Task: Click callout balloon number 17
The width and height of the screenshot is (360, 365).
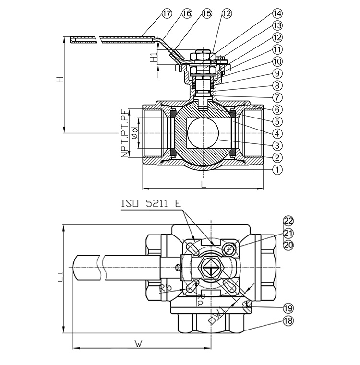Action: tap(167, 13)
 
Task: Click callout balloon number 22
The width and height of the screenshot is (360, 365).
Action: tap(288, 221)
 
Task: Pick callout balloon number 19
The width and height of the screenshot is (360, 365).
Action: tap(288, 308)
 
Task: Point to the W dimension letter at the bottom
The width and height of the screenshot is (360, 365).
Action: tap(139, 343)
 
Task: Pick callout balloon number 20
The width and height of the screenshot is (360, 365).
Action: tap(288, 245)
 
